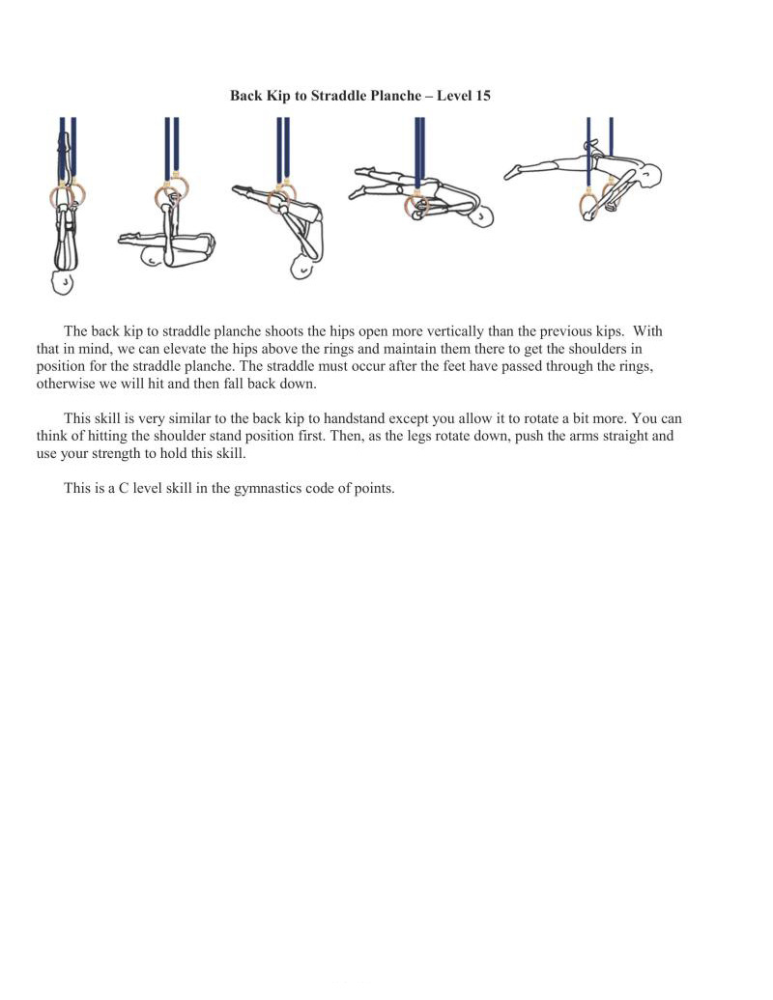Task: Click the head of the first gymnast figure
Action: (x=62, y=282)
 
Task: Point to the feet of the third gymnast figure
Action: (x=238, y=192)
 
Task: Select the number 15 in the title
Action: (x=483, y=96)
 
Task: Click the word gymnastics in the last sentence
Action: (x=264, y=488)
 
